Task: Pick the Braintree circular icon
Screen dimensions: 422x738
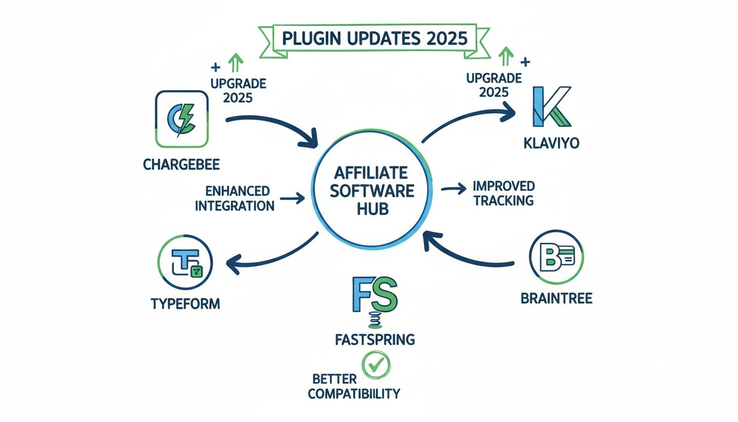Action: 556,257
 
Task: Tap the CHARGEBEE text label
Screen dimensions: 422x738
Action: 181,164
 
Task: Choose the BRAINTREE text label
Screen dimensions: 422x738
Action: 557,298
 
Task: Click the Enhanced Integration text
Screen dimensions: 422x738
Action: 234,198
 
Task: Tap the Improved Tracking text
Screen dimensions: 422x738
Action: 504,193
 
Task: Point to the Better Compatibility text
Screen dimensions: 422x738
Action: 354,387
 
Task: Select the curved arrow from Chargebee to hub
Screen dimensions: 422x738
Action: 275,127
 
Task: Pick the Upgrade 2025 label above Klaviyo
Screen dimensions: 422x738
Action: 494,85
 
